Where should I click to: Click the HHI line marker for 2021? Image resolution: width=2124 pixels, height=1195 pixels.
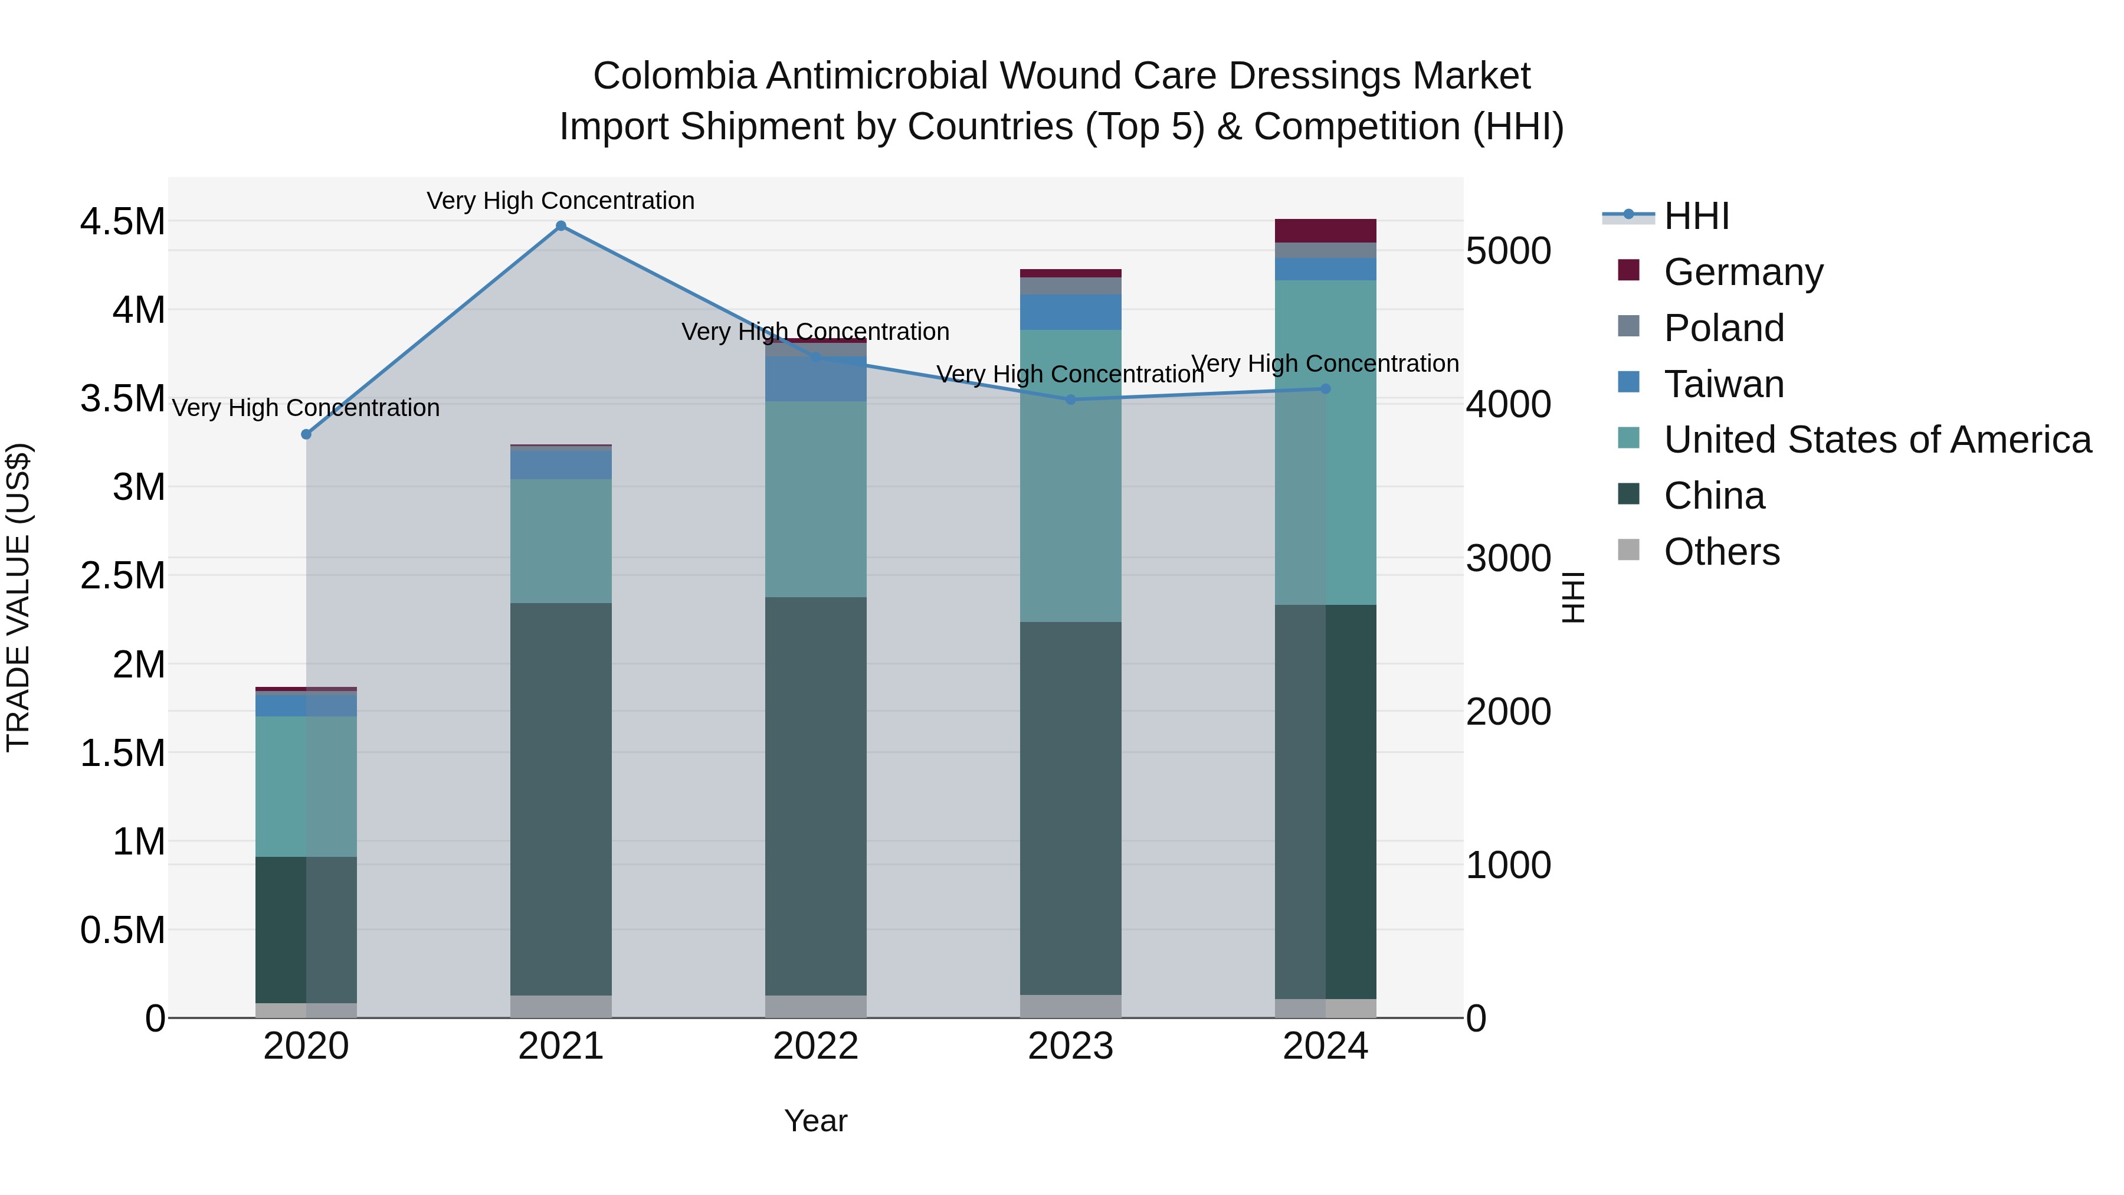pos(560,226)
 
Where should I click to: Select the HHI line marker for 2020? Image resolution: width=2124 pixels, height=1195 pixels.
pos(306,434)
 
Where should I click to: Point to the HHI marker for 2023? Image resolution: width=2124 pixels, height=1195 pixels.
pos(1070,400)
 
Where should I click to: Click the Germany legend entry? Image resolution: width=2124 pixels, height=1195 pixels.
pos(1742,272)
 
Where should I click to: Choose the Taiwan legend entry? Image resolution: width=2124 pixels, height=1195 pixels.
pos(1723,384)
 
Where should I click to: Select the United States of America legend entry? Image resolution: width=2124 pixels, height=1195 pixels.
pos(1877,440)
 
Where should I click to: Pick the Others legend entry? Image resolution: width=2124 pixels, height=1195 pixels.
pos(1721,552)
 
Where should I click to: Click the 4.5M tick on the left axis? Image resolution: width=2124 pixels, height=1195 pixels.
pos(122,222)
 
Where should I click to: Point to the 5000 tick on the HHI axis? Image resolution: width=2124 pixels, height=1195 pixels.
pos(1508,251)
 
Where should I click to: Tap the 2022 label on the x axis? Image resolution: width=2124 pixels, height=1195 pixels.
pos(815,1046)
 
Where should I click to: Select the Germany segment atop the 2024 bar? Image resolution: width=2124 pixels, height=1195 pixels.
pos(1325,230)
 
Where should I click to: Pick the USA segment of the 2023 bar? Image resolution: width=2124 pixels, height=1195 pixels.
pos(1070,476)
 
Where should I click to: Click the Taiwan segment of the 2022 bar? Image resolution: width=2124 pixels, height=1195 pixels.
pos(815,378)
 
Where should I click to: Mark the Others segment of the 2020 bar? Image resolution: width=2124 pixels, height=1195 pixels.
pos(306,1010)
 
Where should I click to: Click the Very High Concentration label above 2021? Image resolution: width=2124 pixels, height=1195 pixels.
pos(560,201)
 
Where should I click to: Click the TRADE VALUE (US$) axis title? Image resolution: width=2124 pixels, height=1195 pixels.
pos(18,597)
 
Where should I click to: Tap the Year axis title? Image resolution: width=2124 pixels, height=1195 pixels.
pos(815,1121)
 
